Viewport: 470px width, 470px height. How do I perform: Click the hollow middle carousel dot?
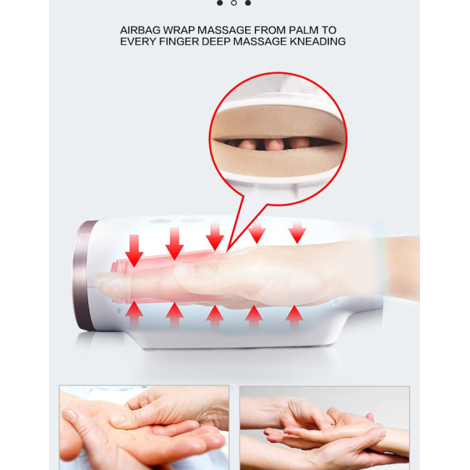click(234, 3)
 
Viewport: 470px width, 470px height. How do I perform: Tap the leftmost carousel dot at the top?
click(220, 3)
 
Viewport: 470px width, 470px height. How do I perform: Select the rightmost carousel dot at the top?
click(248, 3)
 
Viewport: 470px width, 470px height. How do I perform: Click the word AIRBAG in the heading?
click(140, 30)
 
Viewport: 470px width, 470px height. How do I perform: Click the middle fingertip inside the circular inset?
click(274, 145)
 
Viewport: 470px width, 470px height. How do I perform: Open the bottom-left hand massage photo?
click(144, 427)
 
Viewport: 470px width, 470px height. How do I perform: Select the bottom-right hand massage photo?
click(325, 427)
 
